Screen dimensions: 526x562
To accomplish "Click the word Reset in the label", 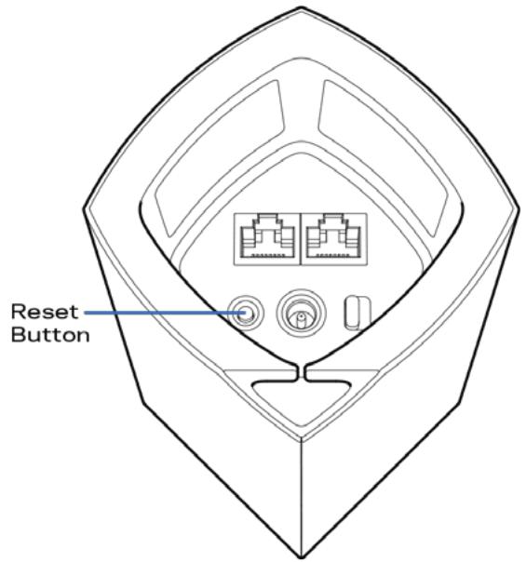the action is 45,312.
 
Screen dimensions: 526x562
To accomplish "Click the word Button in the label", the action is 50,334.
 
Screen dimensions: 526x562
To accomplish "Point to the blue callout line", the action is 166,313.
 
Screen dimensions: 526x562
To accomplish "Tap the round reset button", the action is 246,313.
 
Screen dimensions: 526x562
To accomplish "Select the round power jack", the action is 301,313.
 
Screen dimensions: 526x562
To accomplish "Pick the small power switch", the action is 357,313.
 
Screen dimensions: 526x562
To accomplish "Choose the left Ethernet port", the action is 267,239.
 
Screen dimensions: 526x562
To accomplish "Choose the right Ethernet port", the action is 334,239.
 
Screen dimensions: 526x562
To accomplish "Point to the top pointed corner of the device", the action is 301,7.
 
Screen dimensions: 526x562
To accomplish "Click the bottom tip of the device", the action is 302,557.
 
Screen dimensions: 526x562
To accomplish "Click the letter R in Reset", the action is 18,312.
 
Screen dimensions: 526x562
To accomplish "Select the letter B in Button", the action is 18,334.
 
